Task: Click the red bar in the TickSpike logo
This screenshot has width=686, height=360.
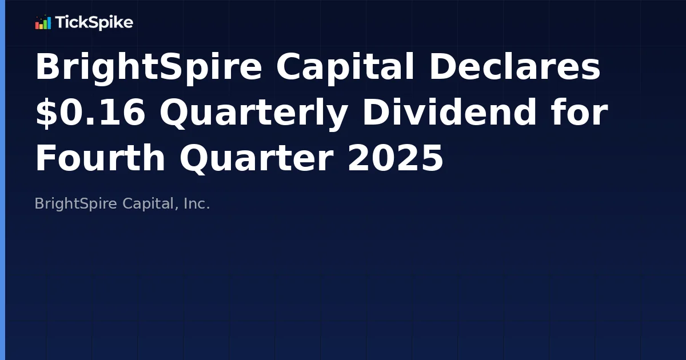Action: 37,25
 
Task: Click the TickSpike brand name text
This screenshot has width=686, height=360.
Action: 94,23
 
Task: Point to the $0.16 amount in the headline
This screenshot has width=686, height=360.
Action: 90,113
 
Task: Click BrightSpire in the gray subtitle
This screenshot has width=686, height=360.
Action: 76,204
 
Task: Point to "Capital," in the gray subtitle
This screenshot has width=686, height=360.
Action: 149,204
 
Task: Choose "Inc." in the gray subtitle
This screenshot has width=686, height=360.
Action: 197,204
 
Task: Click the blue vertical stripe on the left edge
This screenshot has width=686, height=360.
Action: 2,180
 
